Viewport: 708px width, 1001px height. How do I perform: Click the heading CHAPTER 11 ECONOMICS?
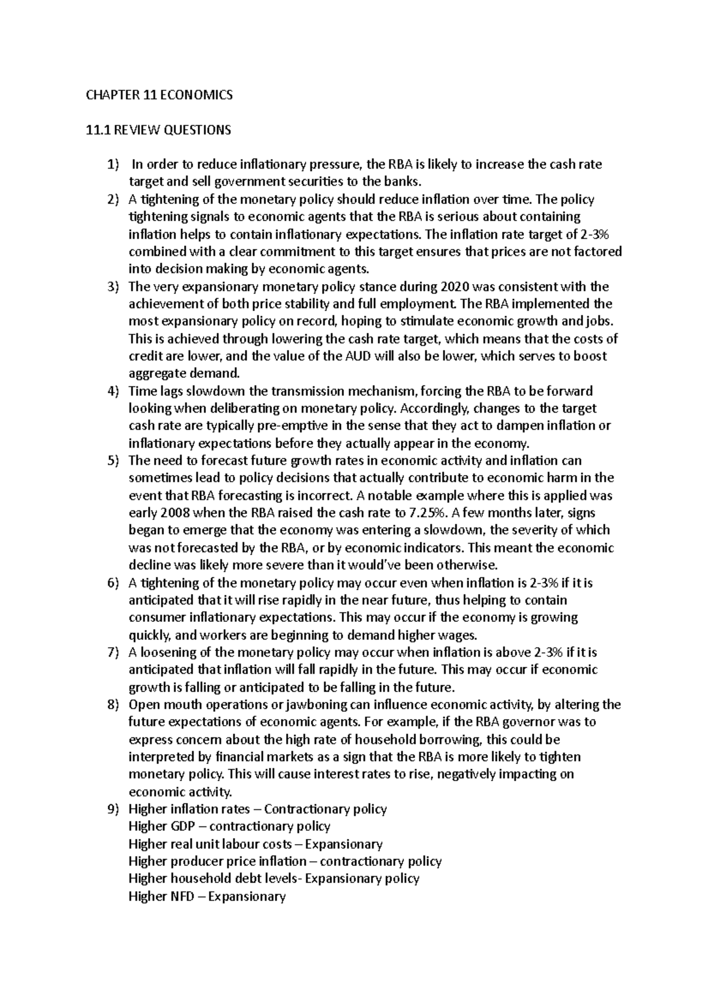pyautogui.click(x=159, y=95)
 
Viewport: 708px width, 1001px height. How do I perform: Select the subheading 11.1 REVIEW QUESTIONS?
pyautogui.click(x=158, y=130)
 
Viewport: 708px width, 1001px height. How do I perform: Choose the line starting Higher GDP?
pyautogui.click(x=229, y=827)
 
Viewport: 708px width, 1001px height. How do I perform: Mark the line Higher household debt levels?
pyautogui.click(x=274, y=879)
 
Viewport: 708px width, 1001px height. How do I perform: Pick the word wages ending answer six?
pyautogui.click(x=457, y=635)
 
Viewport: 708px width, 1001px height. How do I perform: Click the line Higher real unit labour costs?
pyautogui.click(x=255, y=844)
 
